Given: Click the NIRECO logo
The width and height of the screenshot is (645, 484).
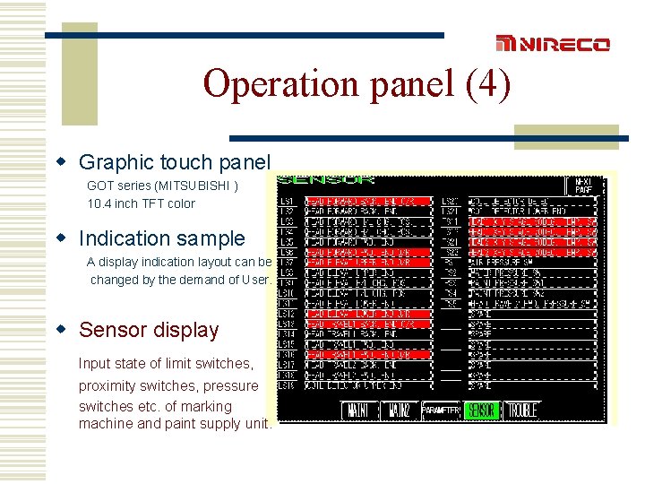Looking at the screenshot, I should pos(553,44).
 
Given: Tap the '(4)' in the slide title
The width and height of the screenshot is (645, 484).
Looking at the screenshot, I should pos(488,84).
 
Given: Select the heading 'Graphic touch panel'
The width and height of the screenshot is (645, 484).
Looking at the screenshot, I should pos(174,162).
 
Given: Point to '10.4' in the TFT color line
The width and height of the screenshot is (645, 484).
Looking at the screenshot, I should pos(99,203).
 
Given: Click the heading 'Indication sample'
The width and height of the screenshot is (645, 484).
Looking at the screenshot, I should pos(161,238).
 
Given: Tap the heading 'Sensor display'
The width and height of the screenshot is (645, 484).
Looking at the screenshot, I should pos(149,330).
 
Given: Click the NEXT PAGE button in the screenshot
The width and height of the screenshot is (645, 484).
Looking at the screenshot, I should pos(583,186).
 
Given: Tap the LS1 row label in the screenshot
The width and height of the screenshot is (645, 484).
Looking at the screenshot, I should pos(287,202).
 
